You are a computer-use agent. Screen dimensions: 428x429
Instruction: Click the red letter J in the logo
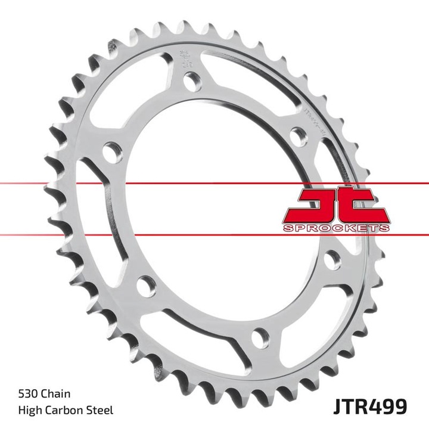(x=313, y=206)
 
